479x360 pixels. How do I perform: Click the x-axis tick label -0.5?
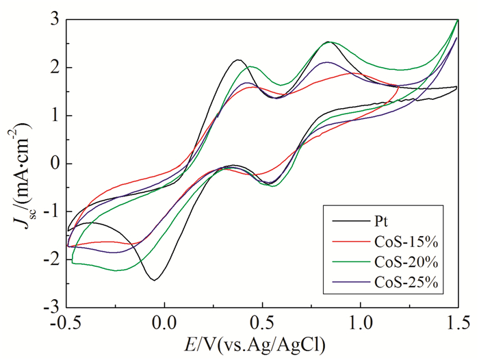pyautogui.click(x=66, y=322)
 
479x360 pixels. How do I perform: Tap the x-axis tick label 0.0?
pyautogui.click(x=164, y=322)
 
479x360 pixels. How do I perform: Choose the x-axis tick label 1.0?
pyautogui.click(x=360, y=322)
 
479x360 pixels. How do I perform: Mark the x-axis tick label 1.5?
pyautogui.click(x=457, y=322)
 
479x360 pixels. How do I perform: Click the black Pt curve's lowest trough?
pyautogui.click(x=155, y=280)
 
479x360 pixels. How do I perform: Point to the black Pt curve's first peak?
pyautogui.click(x=238, y=60)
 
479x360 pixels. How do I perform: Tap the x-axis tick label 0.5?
pyautogui.click(x=262, y=322)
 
